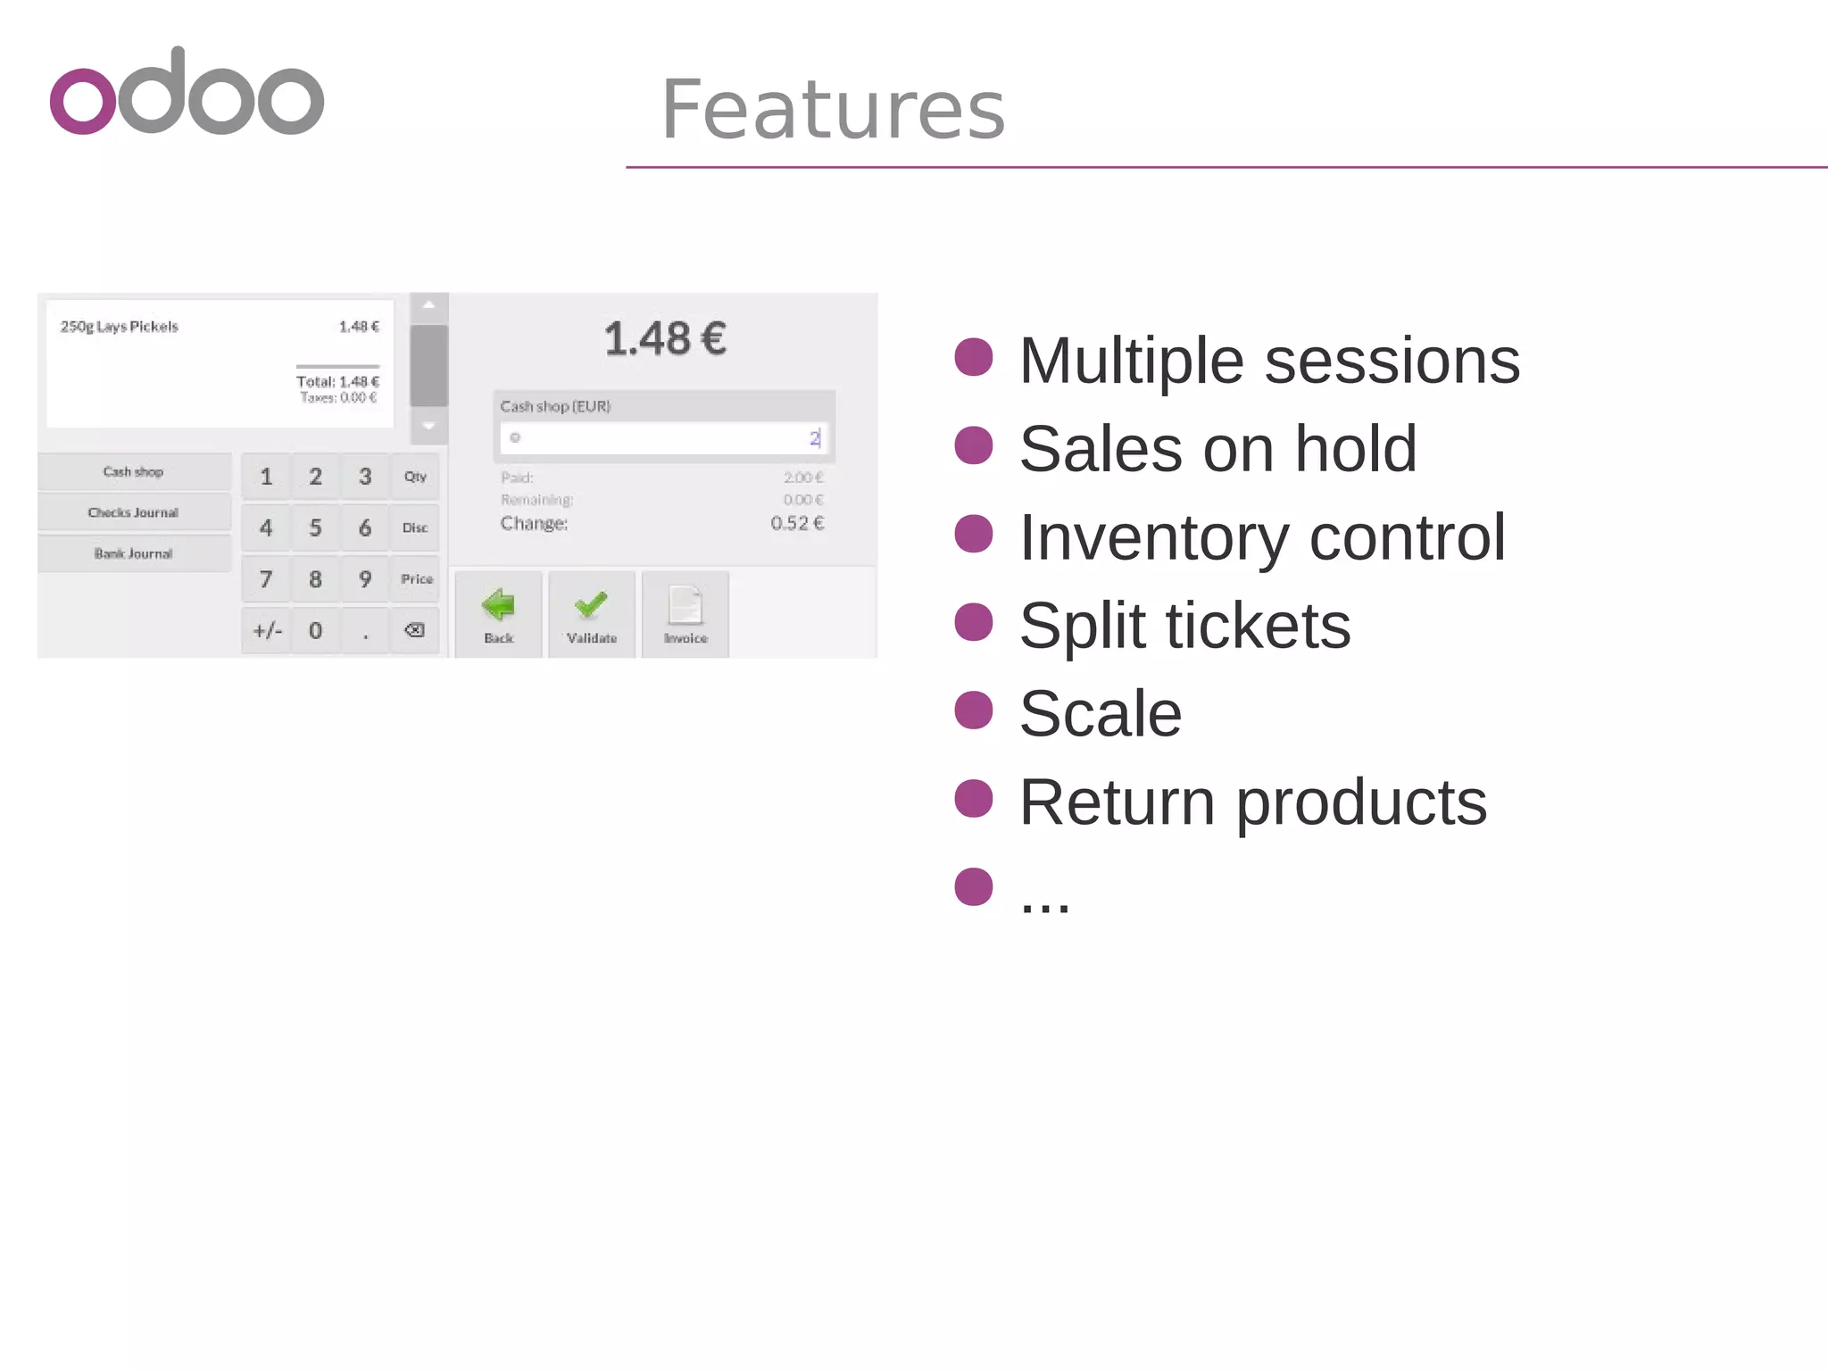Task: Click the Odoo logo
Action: pyautogui.click(x=187, y=93)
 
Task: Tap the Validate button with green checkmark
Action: pyautogui.click(x=592, y=615)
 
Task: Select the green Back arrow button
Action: pyautogui.click(x=499, y=615)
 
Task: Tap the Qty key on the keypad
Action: pyautogui.click(x=415, y=477)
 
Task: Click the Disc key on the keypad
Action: pyautogui.click(x=415, y=528)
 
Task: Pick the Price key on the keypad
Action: pyautogui.click(x=416, y=579)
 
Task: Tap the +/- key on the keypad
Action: pyautogui.click(x=267, y=631)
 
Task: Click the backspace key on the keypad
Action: pyautogui.click(x=415, y=631)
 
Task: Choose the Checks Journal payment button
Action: pyautogui.click(x=134, y=512)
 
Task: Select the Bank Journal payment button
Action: pyautogui.click(x=134, y=553)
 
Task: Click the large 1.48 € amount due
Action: pyautogui.click(x=665, y=339)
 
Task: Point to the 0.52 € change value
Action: pyautogui.click(x=797, y=523)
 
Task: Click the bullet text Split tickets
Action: pyautogui.click(x=1184, y=626)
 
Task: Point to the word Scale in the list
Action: pyautogui.click(x=1101, y=714)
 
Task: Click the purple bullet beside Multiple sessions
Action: pyautogui.click(x=974, y=357)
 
